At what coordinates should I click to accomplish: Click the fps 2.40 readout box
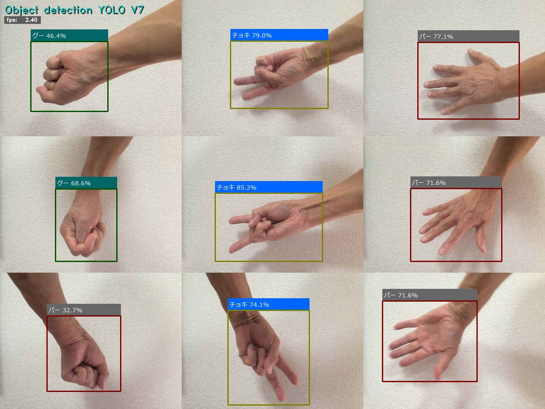22,20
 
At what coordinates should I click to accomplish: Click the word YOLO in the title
112,10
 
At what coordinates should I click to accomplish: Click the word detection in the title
68,10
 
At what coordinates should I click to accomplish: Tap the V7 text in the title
137,10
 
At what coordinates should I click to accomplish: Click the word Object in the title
21,11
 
